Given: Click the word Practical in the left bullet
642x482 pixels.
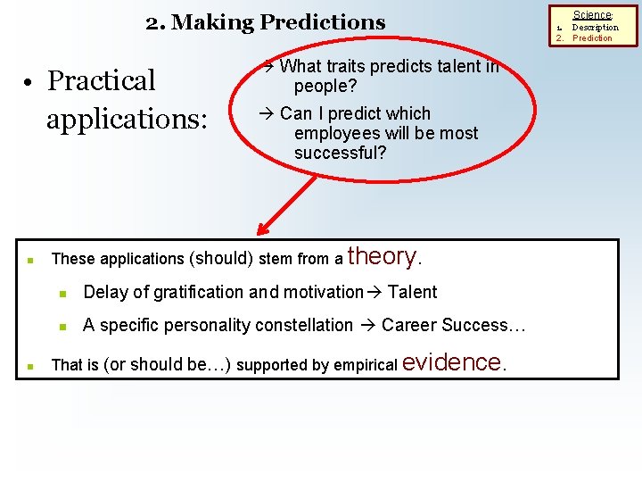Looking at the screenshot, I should coord(102,80).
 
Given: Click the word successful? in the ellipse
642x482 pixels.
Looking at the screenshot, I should coord(340,153).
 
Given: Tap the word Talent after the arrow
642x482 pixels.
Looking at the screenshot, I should coord(413,292).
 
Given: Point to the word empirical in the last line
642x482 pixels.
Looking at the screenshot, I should coord(366,365).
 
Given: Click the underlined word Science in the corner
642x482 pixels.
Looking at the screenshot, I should coord(592,15).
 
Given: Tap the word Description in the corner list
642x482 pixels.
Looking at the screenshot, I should coord(595,27).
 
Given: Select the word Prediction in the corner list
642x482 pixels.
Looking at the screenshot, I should coord(592,38).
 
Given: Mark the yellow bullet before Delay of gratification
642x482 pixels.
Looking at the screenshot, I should coord(63,293).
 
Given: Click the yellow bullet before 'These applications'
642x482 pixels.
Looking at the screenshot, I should coord(30,261).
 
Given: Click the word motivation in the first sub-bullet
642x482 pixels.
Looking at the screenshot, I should coord(324,292).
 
